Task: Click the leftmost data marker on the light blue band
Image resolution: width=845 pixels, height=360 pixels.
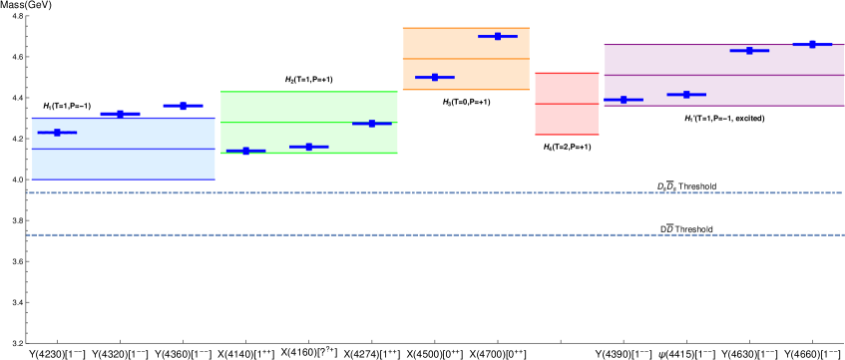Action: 57,132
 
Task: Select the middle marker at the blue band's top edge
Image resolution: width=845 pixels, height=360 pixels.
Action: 120,114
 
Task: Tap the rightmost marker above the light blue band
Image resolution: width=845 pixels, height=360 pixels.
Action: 183,105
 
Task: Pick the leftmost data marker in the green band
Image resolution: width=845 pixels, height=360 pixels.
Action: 245,151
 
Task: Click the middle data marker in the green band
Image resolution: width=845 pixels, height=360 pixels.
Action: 308,147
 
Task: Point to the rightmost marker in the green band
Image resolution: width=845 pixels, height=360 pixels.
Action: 371,123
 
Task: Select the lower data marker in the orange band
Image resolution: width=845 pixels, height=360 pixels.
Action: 435,77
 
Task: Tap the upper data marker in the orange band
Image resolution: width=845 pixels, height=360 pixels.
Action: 498,36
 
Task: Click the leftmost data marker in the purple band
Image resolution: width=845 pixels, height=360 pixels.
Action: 624,100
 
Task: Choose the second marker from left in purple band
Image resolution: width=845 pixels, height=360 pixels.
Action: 686,94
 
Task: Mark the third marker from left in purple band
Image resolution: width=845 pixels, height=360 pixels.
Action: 749,50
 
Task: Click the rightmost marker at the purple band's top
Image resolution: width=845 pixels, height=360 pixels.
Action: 812,44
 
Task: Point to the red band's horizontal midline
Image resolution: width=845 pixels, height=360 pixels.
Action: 567,104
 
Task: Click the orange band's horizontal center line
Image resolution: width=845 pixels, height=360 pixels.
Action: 466,59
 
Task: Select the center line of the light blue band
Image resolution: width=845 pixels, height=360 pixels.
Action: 124,149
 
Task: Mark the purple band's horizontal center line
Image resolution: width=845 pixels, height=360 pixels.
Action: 723,75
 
